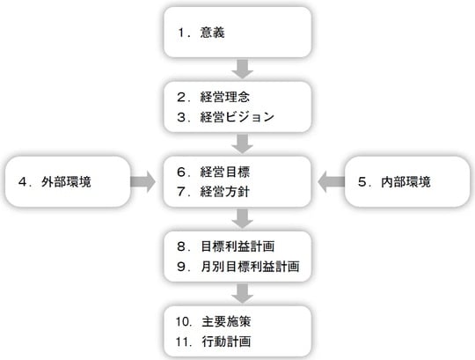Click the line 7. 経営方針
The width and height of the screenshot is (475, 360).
[218, 191]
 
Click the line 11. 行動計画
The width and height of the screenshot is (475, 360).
[218, 341]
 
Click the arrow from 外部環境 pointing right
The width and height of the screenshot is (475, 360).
[140, 182]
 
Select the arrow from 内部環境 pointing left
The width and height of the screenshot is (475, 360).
[331, 182]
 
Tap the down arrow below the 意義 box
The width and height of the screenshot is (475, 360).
[244, 67]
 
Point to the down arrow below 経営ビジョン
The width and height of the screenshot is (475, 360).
[244, 142]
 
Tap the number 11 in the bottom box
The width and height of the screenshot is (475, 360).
[182, 341]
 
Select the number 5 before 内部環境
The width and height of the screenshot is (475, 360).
[363, 182]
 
